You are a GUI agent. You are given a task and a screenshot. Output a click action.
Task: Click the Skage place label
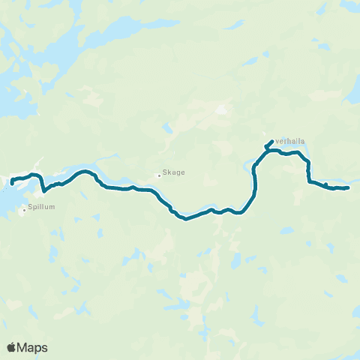[x=174, y=172]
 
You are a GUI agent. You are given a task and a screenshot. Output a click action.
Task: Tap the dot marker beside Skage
[x=159, y=175]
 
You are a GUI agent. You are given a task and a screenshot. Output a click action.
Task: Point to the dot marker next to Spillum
[x=24, y=210]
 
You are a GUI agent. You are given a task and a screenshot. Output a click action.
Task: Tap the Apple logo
[x=11, y=347]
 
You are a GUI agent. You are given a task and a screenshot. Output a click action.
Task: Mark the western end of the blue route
[x=12, y=183]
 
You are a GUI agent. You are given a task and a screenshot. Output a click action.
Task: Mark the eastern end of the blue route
[x=349, y=187]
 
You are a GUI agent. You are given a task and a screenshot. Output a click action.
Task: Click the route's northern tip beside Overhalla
[x=271, y=140]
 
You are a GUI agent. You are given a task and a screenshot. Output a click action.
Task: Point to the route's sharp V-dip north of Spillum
[x=44, y=190]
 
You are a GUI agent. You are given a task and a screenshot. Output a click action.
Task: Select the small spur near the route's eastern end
[x=325, y=184]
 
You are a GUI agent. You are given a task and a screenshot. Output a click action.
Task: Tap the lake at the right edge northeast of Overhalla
[x=351, y=96]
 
